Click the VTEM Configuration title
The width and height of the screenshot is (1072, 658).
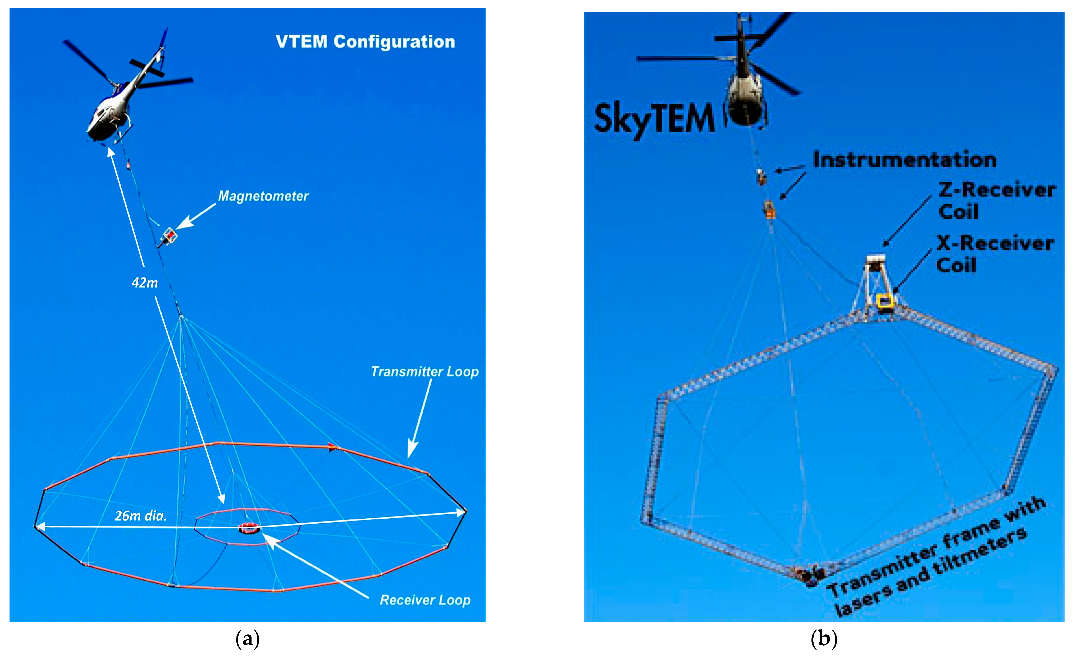pos(365,42)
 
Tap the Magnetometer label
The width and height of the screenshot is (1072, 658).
pos(263,196)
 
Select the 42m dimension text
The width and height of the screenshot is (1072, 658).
pos(144,283)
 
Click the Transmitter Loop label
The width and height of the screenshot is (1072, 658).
pos(424,372)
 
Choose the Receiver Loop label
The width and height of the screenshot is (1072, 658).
pos(425,600)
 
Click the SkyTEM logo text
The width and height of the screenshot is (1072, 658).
pos(654,119)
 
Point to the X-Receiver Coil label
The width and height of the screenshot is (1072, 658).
pos(995,254)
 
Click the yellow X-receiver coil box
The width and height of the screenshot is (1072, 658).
pos(884,301)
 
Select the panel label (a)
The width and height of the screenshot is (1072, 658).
pos(247,639)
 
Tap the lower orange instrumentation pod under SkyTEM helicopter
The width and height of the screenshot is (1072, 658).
pos(769,209)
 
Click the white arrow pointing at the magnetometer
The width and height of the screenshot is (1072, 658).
pos(196,216)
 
